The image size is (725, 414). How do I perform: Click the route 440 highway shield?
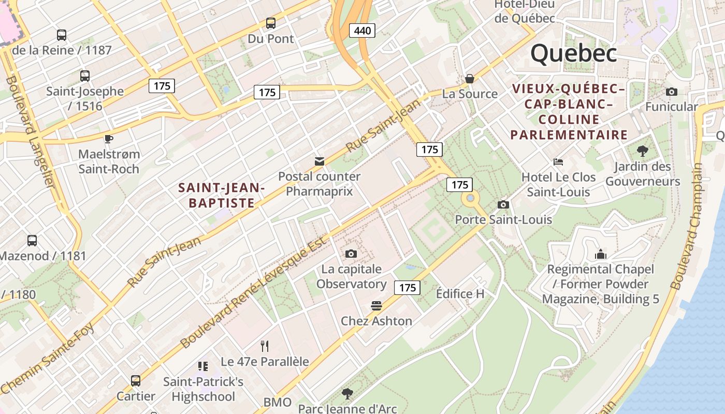[362, 31]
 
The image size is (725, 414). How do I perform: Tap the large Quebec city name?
[573, 53]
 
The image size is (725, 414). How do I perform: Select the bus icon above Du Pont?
[270, 23]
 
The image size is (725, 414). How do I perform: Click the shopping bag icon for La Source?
[470, 79]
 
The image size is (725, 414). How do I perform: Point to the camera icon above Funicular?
[672, 92]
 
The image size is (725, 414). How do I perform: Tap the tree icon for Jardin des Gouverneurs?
[643, 151]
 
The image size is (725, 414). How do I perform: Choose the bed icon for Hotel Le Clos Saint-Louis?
[558, 162]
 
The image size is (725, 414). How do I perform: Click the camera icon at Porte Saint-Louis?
[503, 204]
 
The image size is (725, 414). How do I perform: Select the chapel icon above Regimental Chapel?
[601, 254]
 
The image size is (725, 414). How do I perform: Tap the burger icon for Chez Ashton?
[376, 306]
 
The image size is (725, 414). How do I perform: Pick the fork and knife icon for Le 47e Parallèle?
[265, 346]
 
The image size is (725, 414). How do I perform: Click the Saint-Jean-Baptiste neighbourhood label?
[222, 195]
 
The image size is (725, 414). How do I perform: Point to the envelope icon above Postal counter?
[320, 161]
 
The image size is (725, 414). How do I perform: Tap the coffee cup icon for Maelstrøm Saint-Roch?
[109, 139]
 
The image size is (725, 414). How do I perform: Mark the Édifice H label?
[460, 294]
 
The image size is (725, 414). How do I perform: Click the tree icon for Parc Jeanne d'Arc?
[347, 394]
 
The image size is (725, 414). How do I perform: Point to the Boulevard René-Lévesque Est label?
[254, 292]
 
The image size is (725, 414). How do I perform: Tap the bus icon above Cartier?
[136, 381]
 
